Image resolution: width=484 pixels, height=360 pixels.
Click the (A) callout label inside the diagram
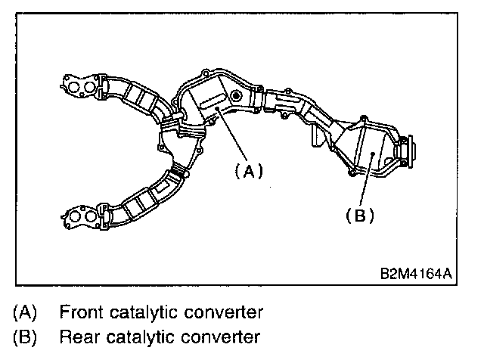point(247,171)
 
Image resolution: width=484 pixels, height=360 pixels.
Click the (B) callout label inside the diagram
point(359,216)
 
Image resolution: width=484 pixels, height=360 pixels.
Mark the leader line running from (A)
point(231,135)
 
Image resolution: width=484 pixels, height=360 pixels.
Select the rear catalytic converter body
point(371,151)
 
